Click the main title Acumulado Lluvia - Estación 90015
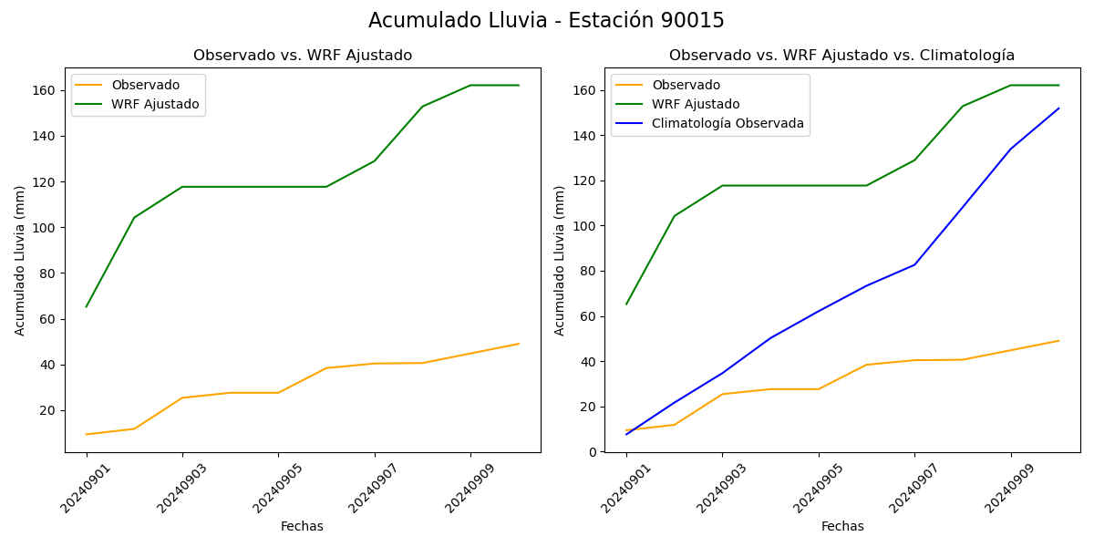(x=546, y=21)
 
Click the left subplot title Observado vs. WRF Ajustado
(x=303, y=56)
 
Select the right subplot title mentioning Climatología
(x=841, y=56)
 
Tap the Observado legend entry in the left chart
(x=145, y=85)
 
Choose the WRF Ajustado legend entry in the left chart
(x=155, y=104)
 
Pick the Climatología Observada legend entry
(x=728, y=124)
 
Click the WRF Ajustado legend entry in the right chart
(x=696, y=104)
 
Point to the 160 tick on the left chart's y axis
(x=47, y=90)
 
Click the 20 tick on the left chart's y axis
(x=51, y=410)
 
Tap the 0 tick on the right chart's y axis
(x=593, y=452)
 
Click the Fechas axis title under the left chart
(x=302, y=526)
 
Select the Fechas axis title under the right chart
(x=842, y=526)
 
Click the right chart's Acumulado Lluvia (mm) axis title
(x=561, y=260)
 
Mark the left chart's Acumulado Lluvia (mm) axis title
(x=20, y=260)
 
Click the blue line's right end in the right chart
(x=1058, y=108)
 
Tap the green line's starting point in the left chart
(x=87, y=306)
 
